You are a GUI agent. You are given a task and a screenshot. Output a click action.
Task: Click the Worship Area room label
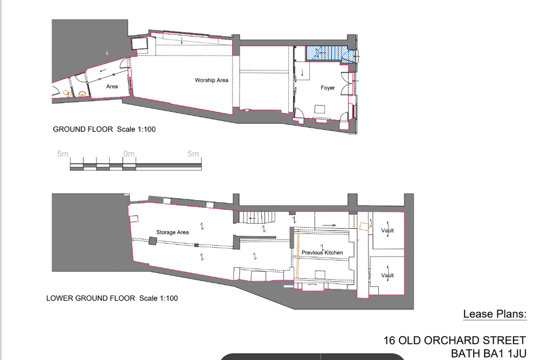tap(212, 80)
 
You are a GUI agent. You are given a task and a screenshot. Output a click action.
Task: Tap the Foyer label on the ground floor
tap(328, 88)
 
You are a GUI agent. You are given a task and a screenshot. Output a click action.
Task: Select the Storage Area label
tap(172, 233)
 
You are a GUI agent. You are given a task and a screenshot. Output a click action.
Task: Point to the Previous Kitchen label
tap(322, 252)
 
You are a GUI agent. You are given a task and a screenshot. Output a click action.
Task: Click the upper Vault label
tap(387, 230)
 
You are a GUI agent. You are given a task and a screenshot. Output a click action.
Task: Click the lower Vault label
tap(387, 275)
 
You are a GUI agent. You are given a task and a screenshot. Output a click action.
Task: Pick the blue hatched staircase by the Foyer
tap(328, 54)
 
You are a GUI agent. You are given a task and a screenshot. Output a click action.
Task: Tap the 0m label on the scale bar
tap(129, 154)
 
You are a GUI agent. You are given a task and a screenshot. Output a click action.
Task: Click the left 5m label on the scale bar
tap(63, 154)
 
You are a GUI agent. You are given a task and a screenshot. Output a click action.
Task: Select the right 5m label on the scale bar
tap(193, 154)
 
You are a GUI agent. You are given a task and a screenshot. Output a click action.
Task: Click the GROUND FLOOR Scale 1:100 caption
tap(104, 130)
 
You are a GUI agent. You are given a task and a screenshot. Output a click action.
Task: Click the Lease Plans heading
tap(495, 314)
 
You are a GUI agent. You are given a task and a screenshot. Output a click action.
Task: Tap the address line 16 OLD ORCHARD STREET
tap(455, 341)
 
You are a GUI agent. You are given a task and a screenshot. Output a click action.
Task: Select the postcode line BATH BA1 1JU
tap(489, 354)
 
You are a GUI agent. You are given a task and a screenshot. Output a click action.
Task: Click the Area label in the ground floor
tap(112, 86)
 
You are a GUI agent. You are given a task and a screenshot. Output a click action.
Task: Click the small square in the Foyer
tap(320, 109)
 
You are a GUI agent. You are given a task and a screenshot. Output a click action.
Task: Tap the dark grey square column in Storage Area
tap(153, 241)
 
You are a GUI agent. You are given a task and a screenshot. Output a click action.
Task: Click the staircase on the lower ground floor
tap(257, 217)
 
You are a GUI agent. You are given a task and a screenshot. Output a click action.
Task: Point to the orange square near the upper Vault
tap(364, 226)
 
